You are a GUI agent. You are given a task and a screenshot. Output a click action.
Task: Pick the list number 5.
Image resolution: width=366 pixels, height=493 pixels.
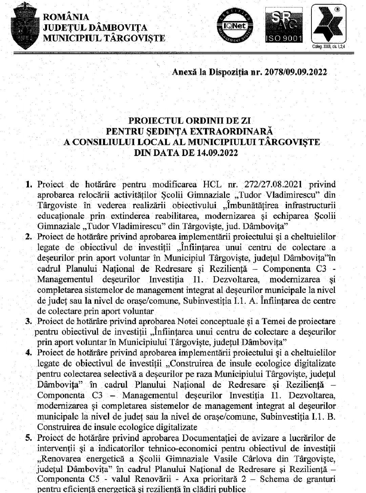coord(29,437)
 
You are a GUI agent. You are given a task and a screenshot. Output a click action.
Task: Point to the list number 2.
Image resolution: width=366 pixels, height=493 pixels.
coord(29,237)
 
